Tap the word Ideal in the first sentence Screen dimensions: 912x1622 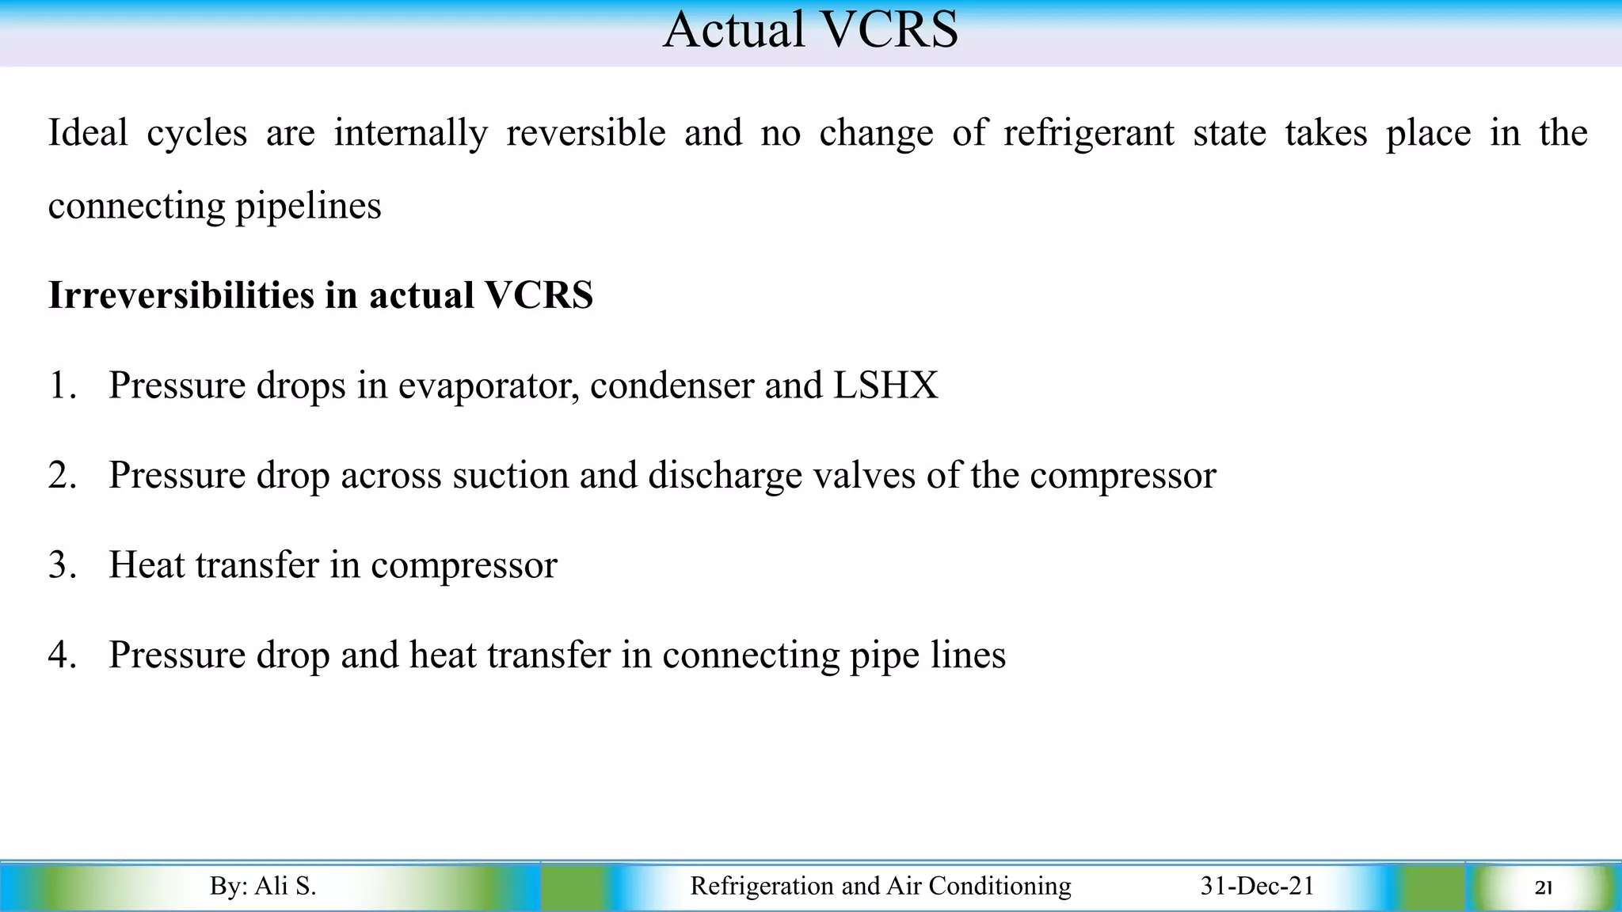coord(88,132)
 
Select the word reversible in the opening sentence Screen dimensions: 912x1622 coord(585,132)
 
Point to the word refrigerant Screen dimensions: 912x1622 coord(1088,132)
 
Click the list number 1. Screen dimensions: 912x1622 coord(62,386)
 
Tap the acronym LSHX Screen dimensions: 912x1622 coord(885,386)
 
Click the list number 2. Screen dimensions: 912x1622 coord(62,475)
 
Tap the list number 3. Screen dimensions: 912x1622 coord(62,565)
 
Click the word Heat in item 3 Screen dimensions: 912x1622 coord(147,565)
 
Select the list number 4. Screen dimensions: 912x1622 coord(62,655)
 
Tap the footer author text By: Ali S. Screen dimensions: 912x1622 coord(263,886)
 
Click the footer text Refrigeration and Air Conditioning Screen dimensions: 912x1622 coord(880,886)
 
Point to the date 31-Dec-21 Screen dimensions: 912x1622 coord(1257,886)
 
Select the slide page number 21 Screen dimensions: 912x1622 coord(1543,888)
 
